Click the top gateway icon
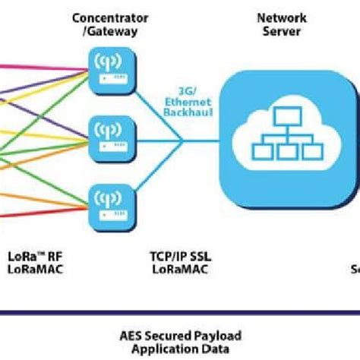pyautogui.click(x=111, y=67)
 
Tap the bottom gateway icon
pyautogui.click(x=111, y=202)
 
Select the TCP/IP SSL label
pyautogui.click(x=180, y=255)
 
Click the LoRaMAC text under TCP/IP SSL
pyautogui.click(x=180, y=268)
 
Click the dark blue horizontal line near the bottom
pyautogui.click(x=180, y=312)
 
